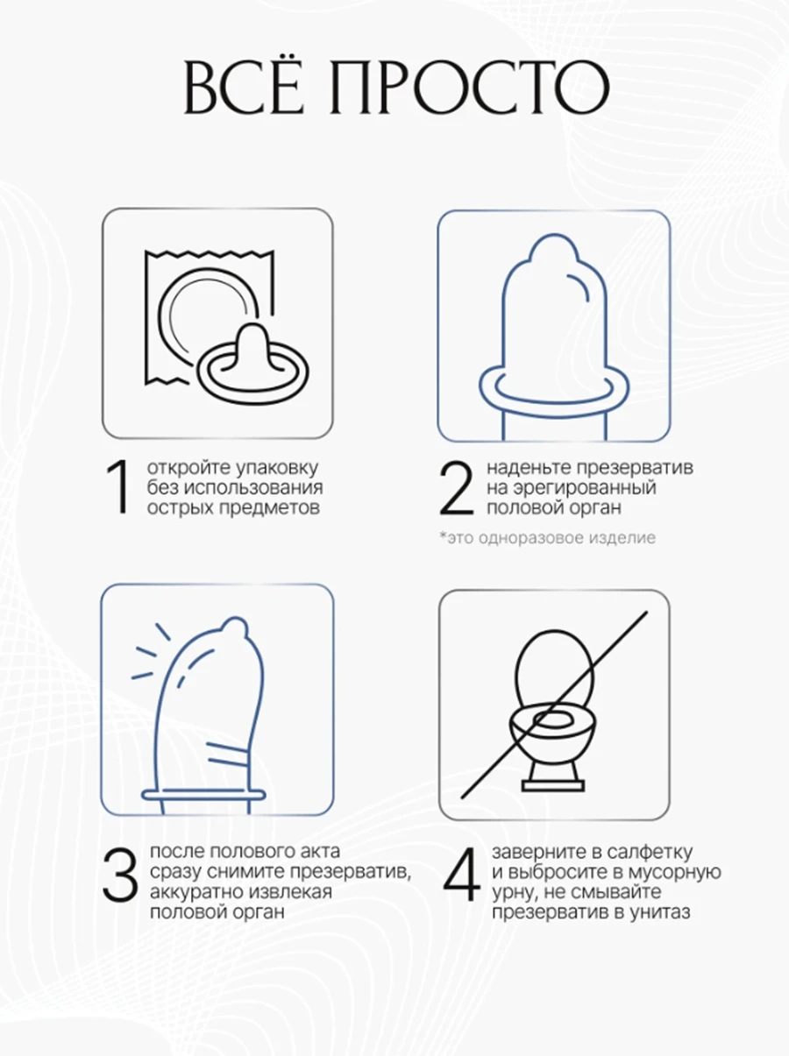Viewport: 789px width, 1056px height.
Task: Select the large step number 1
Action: (118, 487)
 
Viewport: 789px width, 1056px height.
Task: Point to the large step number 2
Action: (456, 488)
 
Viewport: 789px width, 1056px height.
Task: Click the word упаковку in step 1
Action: (277, 469)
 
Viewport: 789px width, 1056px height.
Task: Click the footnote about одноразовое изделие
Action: (548, 537)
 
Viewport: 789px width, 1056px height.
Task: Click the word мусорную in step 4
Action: (677, 873)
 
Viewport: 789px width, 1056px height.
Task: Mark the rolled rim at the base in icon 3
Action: (203, 794)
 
